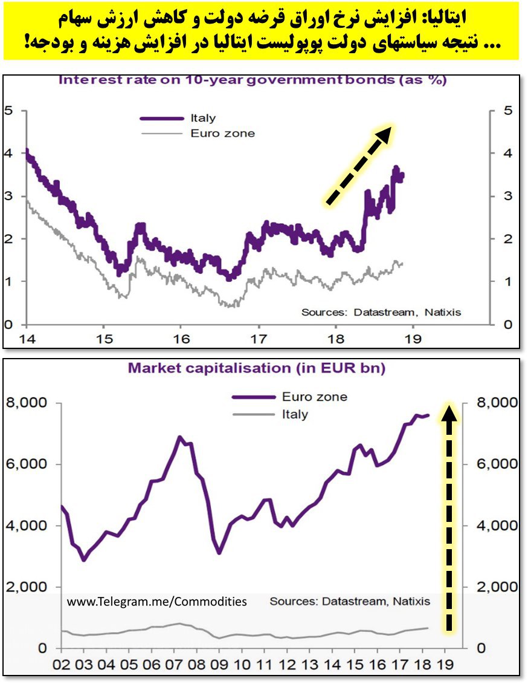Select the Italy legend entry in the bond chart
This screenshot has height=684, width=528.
click(x=202, y=119)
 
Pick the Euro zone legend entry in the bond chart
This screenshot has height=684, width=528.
click(x=222, y=133)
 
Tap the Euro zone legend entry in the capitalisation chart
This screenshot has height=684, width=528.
click(x=315, y=397)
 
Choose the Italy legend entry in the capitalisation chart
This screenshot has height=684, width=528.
click(x=295, y=414)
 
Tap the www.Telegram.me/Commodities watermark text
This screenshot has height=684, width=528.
click(x=156, y=601)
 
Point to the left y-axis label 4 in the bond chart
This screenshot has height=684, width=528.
click(x=8, y=154)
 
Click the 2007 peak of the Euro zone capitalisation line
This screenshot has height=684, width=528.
click(x=179, y=437)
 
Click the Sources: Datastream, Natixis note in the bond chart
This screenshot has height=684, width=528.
click(x=381, y=312)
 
